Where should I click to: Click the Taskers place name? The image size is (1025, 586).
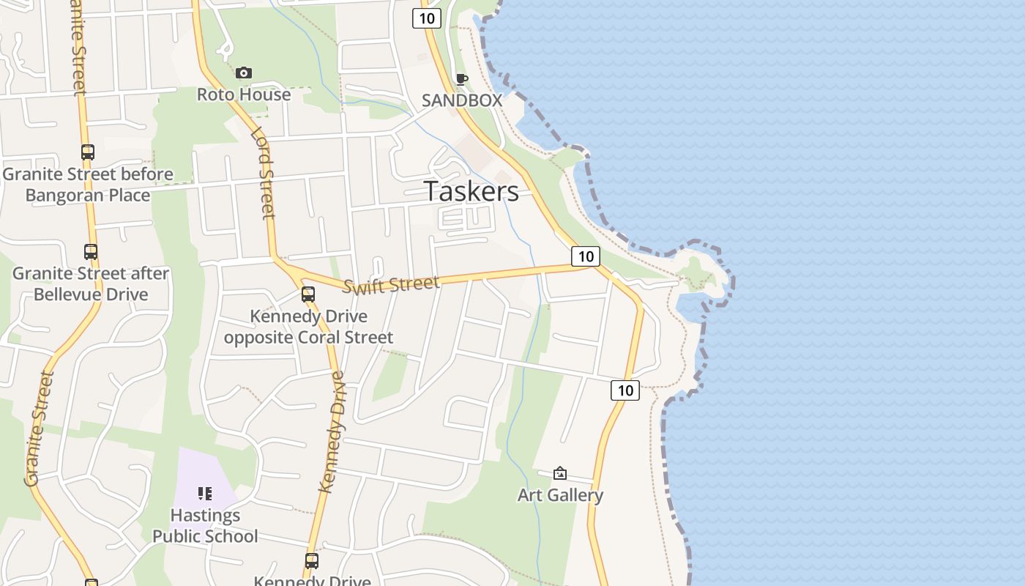(471, 191)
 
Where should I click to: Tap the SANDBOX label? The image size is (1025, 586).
(461, 100)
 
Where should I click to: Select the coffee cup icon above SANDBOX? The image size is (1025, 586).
(461, 79)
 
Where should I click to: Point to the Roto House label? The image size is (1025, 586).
(244, 94)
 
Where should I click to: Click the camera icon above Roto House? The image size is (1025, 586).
(244, 73)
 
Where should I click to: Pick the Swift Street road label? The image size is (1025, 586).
(391, 284)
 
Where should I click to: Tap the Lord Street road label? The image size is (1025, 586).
(263, 174)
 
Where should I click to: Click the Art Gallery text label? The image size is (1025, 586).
(560, 495)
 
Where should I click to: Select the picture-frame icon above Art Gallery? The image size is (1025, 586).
(560, 473)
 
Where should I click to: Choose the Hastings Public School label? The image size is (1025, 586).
(205, 526)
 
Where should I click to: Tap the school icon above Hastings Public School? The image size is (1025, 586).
(205, 494)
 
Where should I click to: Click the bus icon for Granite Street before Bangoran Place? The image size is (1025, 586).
(88, 152)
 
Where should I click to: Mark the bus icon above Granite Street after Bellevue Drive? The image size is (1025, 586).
(91, 252)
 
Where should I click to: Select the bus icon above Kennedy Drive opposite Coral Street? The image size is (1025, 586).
(308, 294)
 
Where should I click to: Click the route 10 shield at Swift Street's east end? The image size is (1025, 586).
(585, 256)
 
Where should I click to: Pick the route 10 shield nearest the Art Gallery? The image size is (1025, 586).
(625, 390)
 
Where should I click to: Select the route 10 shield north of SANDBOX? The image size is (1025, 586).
(426, 18)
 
